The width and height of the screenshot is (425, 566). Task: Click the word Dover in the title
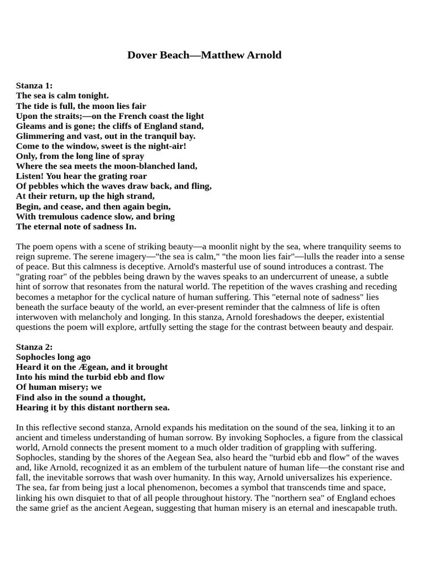pos(143,55)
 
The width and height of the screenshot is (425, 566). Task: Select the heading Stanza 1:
pos(34,85)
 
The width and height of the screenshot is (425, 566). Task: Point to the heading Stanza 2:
pos(34,347)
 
